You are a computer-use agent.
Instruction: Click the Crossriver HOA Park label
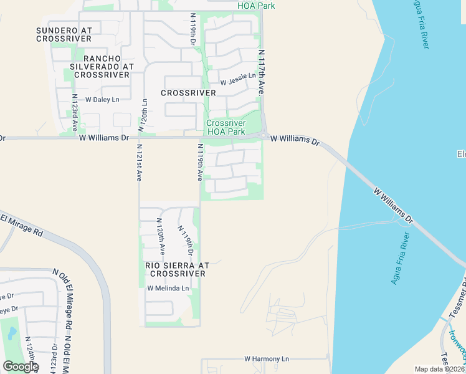coord(226,127)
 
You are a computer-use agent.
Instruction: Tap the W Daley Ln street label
coord(102,99)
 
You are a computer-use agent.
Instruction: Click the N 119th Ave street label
coord(200,163)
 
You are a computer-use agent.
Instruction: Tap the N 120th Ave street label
coord(161,236)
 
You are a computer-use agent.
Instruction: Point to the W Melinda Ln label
coord(168,288)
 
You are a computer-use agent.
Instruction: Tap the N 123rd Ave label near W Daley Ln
coord(75,113)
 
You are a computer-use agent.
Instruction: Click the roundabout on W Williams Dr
coord(265,135)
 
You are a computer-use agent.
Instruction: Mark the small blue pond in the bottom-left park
coord(12,334)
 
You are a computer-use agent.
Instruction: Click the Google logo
coord(20,367)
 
